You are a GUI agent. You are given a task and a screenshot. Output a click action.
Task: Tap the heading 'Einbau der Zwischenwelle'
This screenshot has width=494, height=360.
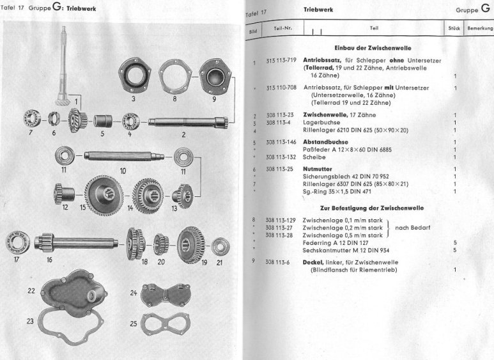(x=372, y=48)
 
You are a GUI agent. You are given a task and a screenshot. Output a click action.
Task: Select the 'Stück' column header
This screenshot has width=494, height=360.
(x=454, y=28)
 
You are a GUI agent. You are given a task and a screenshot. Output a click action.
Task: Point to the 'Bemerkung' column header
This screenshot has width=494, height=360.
(x=479, y=28)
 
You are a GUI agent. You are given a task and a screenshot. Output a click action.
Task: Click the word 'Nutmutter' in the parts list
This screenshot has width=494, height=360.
(x=318, y=169)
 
